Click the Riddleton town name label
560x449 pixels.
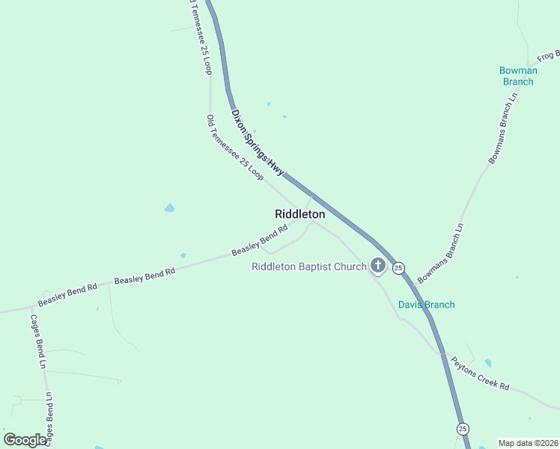[299, 214]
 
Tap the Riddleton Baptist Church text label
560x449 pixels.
[308, 266]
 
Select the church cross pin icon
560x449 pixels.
[378, 266]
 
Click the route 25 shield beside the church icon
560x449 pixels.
[398, 267]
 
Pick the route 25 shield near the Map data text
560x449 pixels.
[463, 429]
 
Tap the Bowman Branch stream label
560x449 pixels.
[517, 76]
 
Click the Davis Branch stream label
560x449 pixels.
[426, 305]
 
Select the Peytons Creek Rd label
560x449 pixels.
[480, 373]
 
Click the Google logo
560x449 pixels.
[25, 440]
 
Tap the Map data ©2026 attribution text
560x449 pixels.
[527, 443]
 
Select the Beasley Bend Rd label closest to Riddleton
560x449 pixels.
[260, 242]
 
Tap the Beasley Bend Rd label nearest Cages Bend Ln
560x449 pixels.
[68, 294]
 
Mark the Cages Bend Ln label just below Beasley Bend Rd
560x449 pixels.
[38, 341]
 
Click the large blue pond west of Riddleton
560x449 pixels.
[169, 207]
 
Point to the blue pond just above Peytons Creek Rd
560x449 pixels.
[488, 363]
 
